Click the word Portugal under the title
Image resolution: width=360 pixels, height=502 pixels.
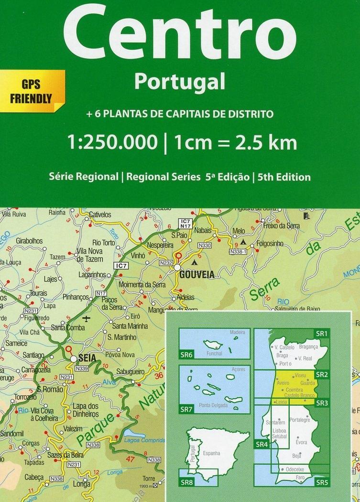[179, 82]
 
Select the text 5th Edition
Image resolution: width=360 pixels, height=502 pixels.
[284, 177]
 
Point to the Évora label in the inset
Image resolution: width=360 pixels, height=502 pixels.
[301, 442]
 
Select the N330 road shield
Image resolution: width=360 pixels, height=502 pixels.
[205, 245]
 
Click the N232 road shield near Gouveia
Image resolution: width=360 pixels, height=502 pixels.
[165, 263]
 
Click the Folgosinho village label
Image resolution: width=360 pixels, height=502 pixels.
[270, 244]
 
